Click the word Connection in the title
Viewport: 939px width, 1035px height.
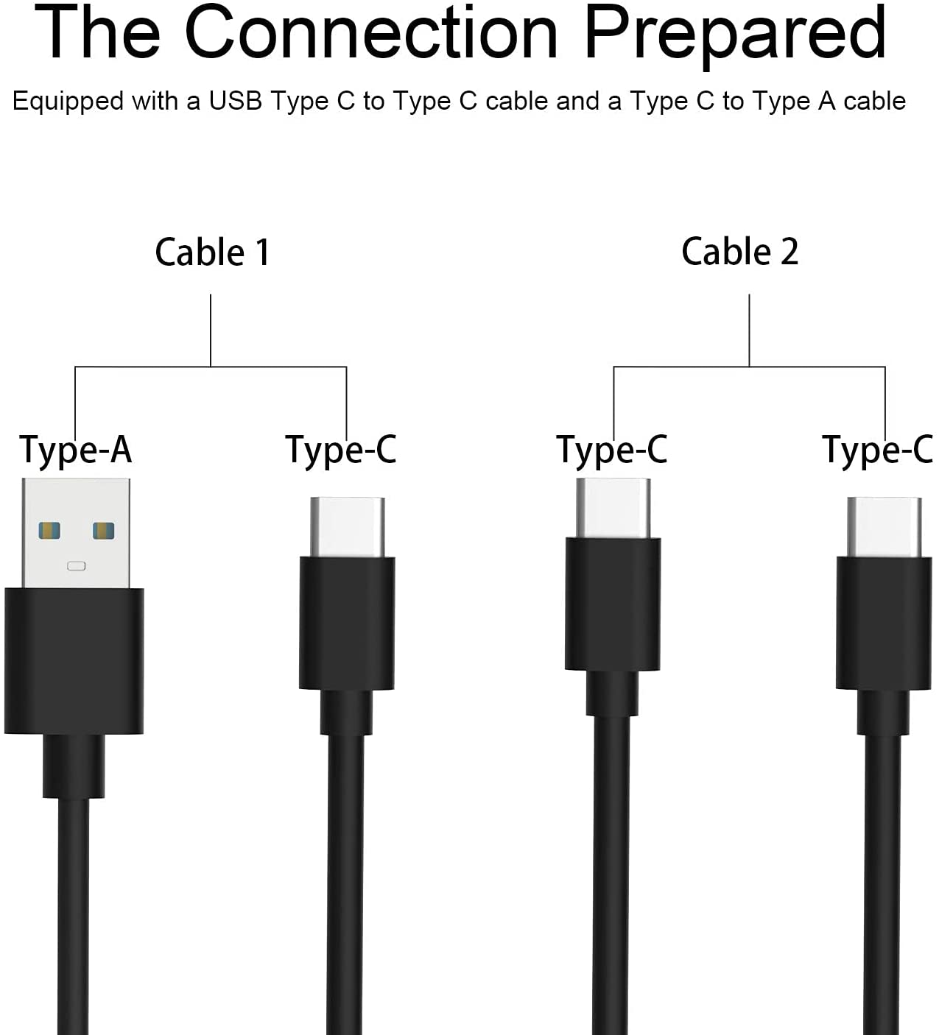(x=371, y=32)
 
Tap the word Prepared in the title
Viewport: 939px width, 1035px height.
(x=735, y=37)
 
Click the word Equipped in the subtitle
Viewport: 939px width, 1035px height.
(x=68, y=102)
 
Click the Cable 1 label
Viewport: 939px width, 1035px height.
(x=212, y=252)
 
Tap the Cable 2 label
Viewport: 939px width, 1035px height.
(x=739, y=252)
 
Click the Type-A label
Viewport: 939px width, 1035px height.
(x=75, y=450)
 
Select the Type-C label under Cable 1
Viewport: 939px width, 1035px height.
(x=341, y=450)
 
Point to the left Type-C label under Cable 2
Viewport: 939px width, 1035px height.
(x=612, y=450)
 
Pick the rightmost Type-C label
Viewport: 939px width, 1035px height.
(x=878, y=450)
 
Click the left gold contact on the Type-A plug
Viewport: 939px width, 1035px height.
(x=49, y=531)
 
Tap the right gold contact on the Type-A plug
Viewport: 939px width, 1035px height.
(x=103, y=531)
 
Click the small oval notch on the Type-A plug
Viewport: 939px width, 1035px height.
(x=77, y=566)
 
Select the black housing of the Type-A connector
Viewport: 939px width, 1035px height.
(x=74, y=661)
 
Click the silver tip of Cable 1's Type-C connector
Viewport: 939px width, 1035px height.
(x=348, y=527)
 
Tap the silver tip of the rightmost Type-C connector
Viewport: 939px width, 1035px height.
(x=885, y=527)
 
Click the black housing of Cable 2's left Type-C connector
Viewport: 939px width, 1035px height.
(x=613, y=604)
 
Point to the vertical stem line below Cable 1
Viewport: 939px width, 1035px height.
(x=211, y=331)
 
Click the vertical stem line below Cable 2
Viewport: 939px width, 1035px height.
(x=749, y=331)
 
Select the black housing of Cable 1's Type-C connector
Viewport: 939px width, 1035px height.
(x=347, y=624)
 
